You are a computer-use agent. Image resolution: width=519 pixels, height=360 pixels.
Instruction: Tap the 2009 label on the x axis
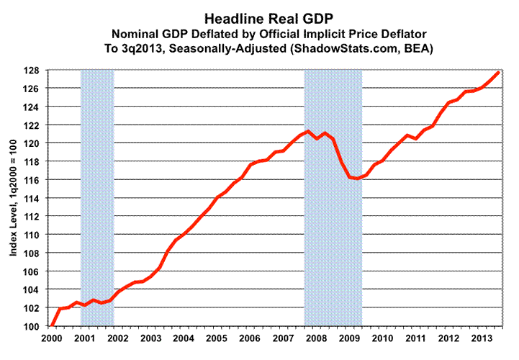[348, 338]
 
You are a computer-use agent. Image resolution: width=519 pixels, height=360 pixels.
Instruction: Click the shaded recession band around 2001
[97, 198]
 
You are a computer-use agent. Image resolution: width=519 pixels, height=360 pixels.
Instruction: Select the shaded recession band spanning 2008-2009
[333, 198]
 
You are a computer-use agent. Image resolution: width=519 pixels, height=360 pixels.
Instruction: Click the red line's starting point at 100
[52, 326]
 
